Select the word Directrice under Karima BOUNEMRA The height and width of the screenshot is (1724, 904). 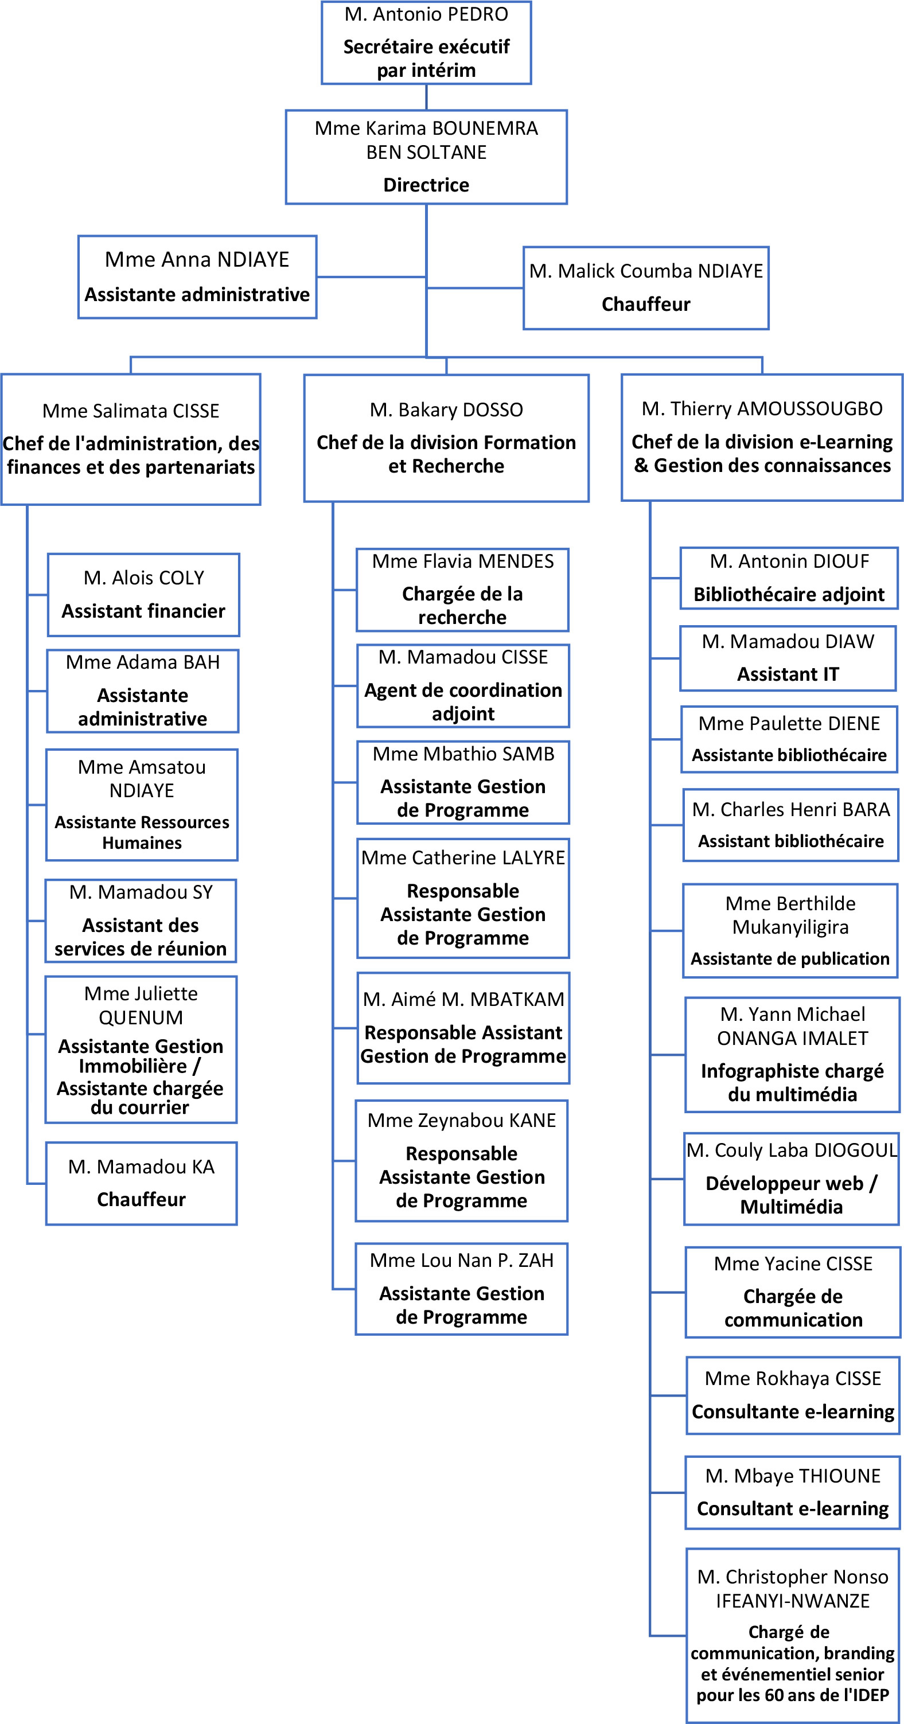click(426, 185)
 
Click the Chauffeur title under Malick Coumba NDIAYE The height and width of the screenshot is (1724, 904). click(646, 304)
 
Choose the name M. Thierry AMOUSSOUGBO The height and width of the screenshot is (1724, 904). click(762, 408)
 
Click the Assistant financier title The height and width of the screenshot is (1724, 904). click(143, 611)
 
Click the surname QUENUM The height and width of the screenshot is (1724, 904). click(141, 1017)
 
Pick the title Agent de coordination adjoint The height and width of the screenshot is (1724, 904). click(463, 701)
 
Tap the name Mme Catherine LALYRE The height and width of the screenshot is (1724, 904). click(463, 857)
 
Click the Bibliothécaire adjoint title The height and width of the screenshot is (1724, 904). click(789, 594)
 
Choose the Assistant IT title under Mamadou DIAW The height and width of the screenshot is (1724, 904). click(788, 674)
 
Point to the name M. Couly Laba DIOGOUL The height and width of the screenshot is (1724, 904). click(792, 1150)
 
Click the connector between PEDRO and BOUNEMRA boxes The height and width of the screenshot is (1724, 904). click(426, 97)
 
